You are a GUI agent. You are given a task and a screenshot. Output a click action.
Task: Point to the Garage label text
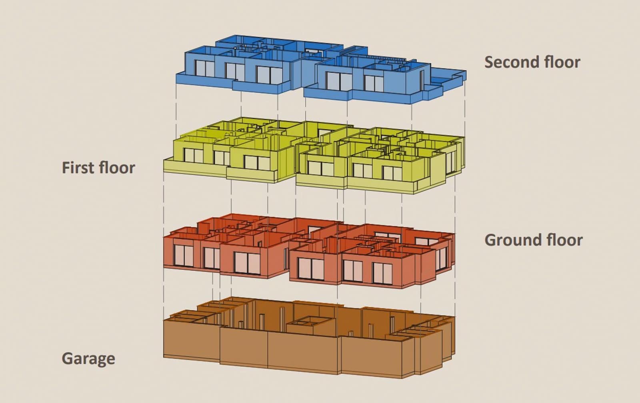point(88,359)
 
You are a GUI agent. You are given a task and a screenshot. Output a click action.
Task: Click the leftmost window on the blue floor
point(204,68)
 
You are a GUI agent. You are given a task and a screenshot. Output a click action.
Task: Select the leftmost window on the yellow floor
point(194,156)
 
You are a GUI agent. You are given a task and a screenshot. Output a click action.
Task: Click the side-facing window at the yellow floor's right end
point(450,162)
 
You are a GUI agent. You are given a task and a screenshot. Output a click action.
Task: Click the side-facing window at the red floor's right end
point(442,259)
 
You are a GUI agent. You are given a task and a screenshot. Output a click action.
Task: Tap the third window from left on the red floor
point(247,263)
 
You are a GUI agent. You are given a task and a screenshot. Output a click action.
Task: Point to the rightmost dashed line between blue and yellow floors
point(465,108)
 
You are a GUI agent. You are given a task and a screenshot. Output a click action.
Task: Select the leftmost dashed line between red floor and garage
point(164,294)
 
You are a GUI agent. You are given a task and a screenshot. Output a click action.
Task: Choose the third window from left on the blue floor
point(270,75)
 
